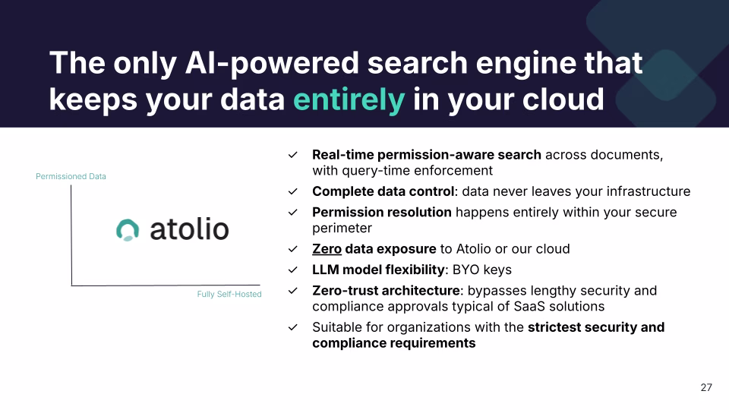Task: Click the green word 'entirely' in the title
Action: tap(349, 99)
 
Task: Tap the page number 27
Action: tap(705, 387)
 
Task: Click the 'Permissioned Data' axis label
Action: tap(71, 176)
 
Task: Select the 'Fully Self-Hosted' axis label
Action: tap(224, 294)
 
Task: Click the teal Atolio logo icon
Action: tap(128, 229)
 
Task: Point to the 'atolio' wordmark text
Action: tap(189, 229)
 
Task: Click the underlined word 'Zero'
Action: tap(327, 249)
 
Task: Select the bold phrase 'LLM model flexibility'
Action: tap(377, 270)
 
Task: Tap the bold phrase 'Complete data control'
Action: tap(383, 191)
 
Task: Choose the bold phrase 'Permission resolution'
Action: tap(381, 212)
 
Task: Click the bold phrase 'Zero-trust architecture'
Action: tap(387, 290)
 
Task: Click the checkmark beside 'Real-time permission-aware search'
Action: tap(292, 155)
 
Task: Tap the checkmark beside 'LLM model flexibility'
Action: tap(292, 270)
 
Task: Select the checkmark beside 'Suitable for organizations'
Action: tap(292, 327)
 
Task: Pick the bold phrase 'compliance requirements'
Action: tap(393, 343)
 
